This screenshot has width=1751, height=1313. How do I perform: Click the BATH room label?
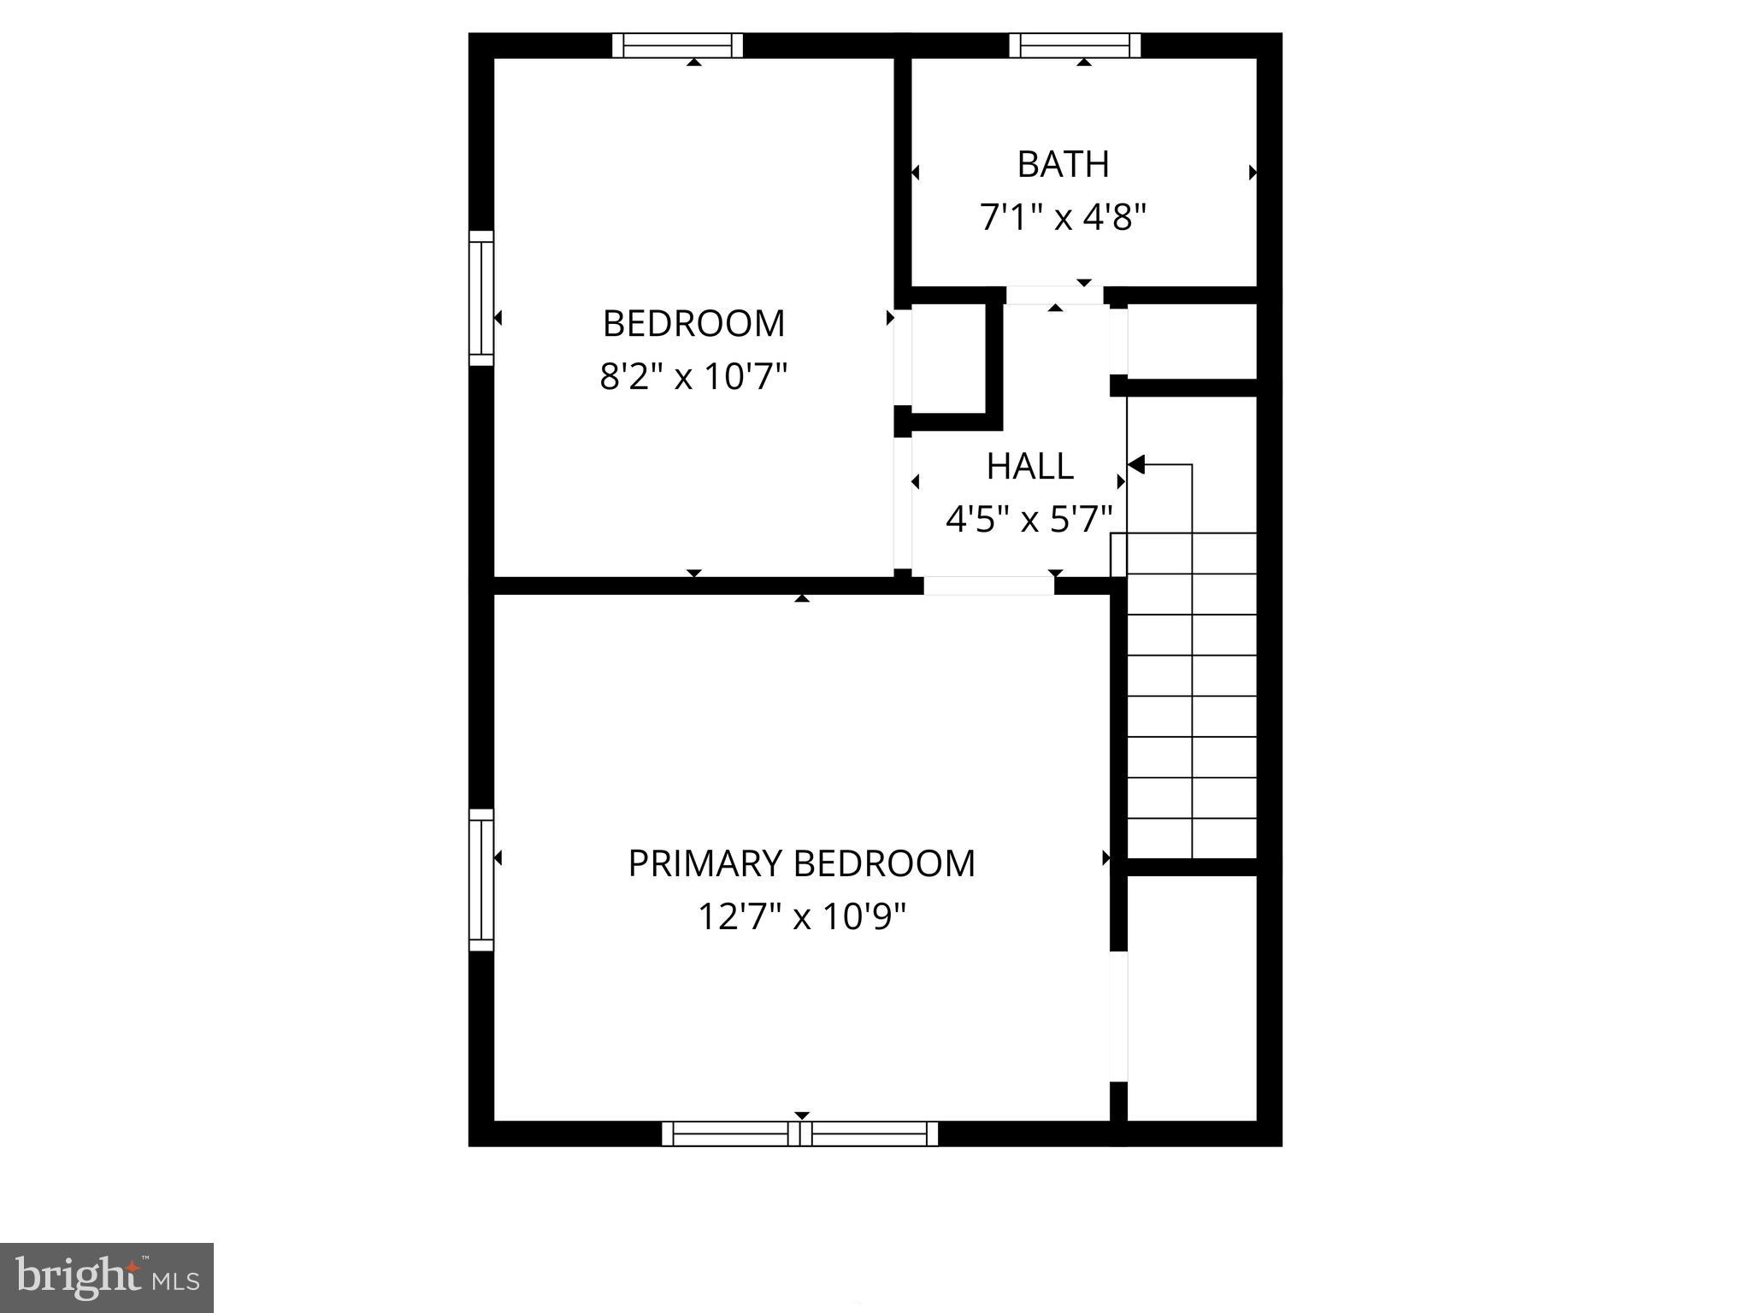[x=1063, y=164]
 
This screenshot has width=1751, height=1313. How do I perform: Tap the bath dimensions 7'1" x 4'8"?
[x=1063, y=217]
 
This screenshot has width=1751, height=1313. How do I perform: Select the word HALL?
[x=1029, y=466]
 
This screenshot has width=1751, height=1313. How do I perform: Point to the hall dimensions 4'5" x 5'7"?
[x=1029, y=519]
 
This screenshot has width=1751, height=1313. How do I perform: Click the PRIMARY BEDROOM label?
[x=801, y=863]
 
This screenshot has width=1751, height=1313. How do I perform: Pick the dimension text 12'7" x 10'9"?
[x=801, y=917]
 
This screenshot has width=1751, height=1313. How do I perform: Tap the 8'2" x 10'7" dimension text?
[x=693, y=376]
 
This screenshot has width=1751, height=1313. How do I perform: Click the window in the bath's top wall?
[x=1075, y=45]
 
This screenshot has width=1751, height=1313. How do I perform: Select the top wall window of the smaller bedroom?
[x=677, y=45]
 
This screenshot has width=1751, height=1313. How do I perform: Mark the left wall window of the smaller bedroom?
[x=481, y=298]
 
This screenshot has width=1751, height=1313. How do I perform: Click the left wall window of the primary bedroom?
[x=481, y=880]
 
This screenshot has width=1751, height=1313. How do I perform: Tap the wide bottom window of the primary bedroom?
[x=799, y=1133]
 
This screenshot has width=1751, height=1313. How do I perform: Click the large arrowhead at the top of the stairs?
[x=1136, y=464]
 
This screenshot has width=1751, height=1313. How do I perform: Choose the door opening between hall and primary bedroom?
[x=988, y=586]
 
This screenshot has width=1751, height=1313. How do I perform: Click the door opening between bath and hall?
[x=1054, y=295]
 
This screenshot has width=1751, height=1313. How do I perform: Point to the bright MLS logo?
[x=106, y=1277]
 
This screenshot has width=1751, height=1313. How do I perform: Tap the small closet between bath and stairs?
[x=1191, y=341]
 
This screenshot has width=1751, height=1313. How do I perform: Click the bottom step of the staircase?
[x=1192, y=838]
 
